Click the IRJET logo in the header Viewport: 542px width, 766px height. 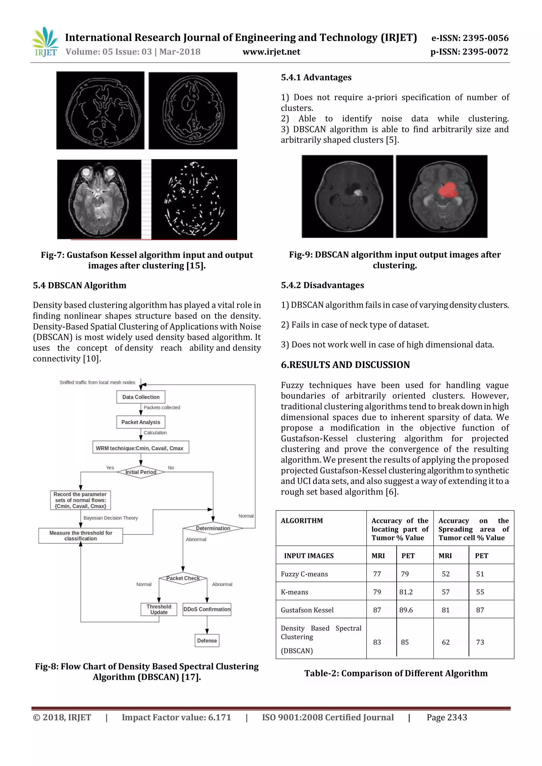tap(45, 42)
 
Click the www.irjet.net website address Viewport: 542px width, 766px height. tap(271, 52)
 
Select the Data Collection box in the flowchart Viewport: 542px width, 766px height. tap(141, 397)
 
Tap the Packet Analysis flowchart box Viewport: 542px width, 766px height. tap(141, 422)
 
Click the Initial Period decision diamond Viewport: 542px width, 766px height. tap(141, 472)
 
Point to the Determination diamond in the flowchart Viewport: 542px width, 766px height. tap(213, 528)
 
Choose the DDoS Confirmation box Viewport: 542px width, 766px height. tap(207, 609)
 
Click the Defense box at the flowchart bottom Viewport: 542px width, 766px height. tap(207, 641)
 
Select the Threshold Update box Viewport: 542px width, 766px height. tap(159, 609)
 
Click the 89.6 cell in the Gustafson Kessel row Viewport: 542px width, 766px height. tap(406, 610)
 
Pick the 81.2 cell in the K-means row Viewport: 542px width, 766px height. tap(406, 592)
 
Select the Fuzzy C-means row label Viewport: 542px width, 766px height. tap(304, 574)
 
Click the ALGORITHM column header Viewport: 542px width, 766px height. tap(302, 521)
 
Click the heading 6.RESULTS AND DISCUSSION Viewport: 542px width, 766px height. tap(345, 365)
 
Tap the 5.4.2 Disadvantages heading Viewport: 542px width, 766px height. tap(322, 285)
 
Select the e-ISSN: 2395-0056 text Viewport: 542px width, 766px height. tap(470, 38)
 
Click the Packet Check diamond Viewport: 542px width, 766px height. tap(183, 578)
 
